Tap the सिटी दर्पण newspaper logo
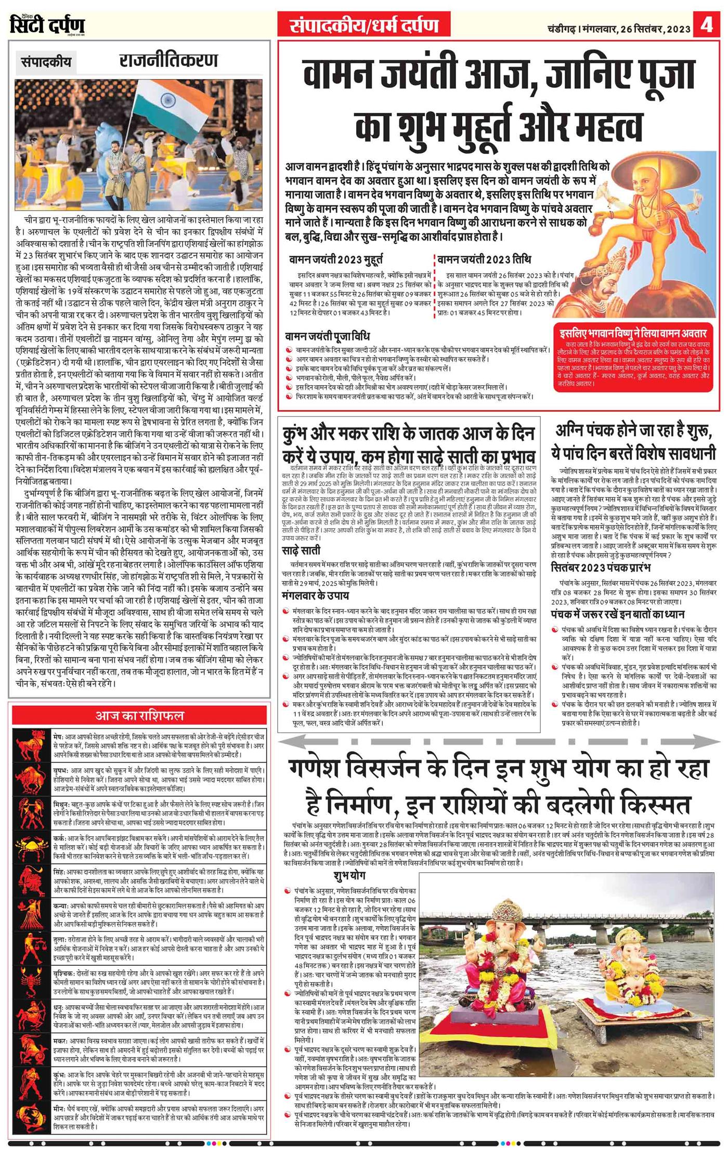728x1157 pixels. [x=47, y=24]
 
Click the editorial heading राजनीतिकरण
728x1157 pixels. [x=168, y=61]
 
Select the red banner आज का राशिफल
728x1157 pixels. [x=139, y=716]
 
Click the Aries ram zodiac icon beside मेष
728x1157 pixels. [x=32, y=745]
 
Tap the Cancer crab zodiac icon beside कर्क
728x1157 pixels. [x=32, y=846]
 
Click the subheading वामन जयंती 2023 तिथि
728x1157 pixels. [x=484, y=259]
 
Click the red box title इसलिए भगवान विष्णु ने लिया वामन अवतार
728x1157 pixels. [x=633, y=333]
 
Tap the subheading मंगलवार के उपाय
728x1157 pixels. [x=316, y=596]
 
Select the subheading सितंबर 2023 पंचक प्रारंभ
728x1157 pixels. [x=601, y=568]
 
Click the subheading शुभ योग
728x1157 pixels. [x=350, y=876]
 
